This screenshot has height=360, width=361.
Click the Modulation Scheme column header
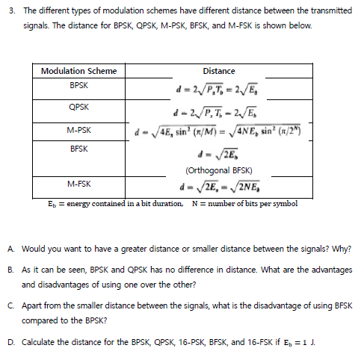pyautogui.click(x=78, y=72)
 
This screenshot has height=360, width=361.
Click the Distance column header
pyautogui.click(x=218, y=72)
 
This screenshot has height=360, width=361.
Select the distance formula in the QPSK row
pyautogui.click(x=218, y=114)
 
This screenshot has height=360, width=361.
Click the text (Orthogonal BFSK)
pyautogui.click(x=218, y=170)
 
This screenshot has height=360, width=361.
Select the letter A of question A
pyautogui.click(x=9, y=247)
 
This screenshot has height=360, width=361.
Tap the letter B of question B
pyautogui.click(x=9, y=272)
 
